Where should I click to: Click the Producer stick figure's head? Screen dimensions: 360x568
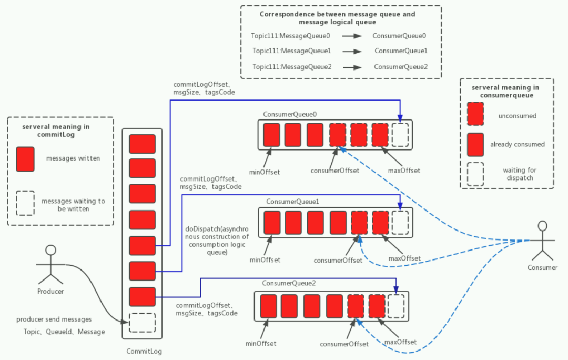50,250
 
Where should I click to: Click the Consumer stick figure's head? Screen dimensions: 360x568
543,226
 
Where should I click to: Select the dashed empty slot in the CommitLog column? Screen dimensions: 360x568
142,322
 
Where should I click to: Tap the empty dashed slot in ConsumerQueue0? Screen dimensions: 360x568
400,135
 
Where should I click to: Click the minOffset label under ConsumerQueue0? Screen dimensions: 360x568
265,172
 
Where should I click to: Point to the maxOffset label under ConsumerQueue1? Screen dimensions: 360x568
404,258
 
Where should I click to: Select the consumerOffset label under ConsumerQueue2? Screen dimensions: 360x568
344,344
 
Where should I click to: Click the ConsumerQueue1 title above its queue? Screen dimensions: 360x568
292,202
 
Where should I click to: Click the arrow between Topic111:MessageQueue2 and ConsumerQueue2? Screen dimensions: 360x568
352,67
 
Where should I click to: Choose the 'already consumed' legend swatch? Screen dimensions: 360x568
475,144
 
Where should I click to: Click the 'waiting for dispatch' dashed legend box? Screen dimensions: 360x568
475,174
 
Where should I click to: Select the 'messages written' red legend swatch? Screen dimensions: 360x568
25,159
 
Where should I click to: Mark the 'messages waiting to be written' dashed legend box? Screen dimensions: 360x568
25,203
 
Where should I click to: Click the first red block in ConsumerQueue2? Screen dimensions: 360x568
268,306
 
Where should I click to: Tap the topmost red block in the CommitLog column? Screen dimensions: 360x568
142,144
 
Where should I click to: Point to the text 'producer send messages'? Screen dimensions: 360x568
54,319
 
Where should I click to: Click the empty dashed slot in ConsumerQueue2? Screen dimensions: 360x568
395,306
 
